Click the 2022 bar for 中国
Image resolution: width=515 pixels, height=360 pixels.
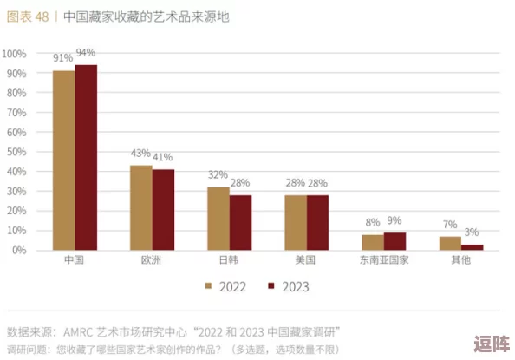coord(63,160)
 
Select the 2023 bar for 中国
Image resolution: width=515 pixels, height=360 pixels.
coord(86,158)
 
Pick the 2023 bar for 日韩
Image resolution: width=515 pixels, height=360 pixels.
coord(240,223)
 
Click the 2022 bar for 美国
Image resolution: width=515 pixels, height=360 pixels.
coord(296,223)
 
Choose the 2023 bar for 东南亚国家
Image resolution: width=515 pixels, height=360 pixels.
coord(394,241)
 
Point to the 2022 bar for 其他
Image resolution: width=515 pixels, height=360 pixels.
coord(450,243)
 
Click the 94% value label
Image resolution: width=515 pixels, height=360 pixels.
coord(86,53)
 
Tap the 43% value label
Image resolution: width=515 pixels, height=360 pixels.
coord(140,154)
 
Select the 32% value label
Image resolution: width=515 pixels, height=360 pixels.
coord(218,175)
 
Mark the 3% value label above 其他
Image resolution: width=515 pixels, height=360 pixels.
coord(472,232)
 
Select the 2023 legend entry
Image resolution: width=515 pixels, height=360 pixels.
coord(289,286)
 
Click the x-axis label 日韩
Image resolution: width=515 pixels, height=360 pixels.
coord(229,260)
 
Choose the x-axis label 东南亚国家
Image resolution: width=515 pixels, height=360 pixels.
coord(383,260)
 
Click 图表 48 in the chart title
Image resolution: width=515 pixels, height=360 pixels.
coord(27,16)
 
